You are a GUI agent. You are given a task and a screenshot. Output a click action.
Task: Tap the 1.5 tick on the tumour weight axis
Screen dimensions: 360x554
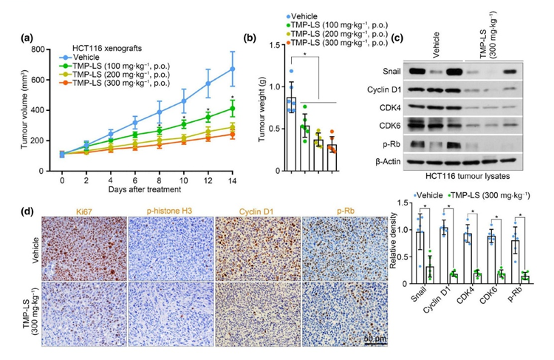(276, 45)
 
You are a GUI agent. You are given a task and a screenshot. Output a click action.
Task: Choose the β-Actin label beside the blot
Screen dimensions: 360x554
(383, 159)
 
